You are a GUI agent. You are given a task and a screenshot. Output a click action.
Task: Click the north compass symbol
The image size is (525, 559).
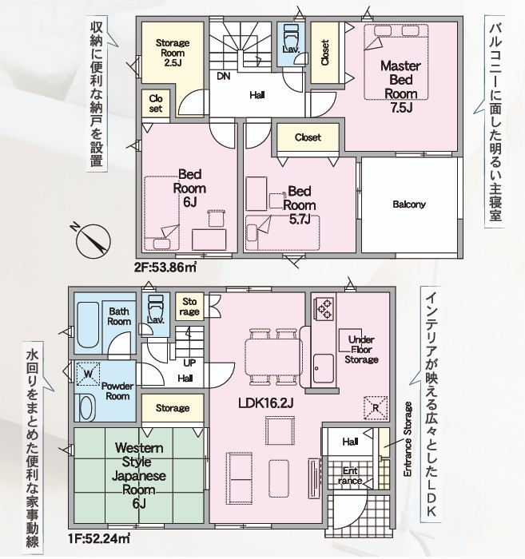pos(93,241)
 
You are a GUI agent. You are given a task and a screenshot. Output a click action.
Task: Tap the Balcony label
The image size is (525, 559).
pos(409,204)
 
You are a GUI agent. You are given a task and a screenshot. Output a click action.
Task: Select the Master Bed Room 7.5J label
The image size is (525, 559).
pos(401,86)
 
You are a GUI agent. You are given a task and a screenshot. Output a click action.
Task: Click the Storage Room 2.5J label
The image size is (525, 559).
pos(173,54)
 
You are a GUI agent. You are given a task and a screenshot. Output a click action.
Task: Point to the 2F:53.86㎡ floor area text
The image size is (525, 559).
pos(165,267)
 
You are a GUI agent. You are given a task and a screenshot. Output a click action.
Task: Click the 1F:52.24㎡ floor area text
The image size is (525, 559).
pos(99,537)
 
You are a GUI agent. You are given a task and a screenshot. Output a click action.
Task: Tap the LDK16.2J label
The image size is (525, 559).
pos(266,403)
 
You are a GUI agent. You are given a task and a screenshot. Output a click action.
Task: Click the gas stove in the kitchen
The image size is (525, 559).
pos(324,309)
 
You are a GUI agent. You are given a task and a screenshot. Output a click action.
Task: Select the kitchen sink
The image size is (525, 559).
pos(324,368)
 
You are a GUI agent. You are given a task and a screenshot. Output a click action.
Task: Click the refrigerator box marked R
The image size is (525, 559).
pos(376,407)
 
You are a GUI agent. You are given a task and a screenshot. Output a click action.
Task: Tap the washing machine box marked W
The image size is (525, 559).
pos(88,374)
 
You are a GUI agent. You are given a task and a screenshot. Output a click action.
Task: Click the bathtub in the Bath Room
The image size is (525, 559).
pos(88,325)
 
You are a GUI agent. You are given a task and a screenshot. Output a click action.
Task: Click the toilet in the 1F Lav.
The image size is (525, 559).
pos(156,306)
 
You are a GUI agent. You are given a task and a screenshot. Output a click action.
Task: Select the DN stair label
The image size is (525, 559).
pos(224,76)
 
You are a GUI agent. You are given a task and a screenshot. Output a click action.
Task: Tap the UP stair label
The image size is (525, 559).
pos(189,363)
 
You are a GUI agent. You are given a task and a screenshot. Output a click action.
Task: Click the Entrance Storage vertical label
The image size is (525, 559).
pos(408,439)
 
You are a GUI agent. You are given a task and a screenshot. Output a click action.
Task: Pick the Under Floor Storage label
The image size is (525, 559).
pos(361,350)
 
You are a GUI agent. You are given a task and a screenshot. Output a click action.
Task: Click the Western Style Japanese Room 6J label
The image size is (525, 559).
pos(139,476)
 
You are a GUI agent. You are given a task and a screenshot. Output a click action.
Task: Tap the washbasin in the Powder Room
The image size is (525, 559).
pos(86,408)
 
